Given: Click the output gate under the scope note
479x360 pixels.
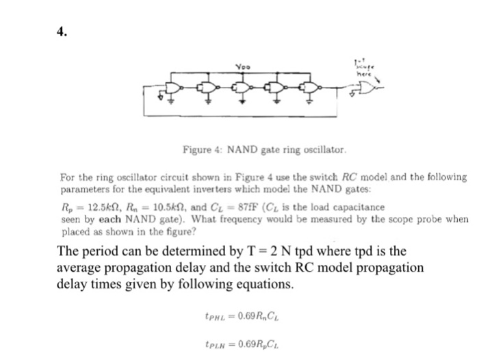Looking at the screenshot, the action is pyautogui.click(x=367, y=88).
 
